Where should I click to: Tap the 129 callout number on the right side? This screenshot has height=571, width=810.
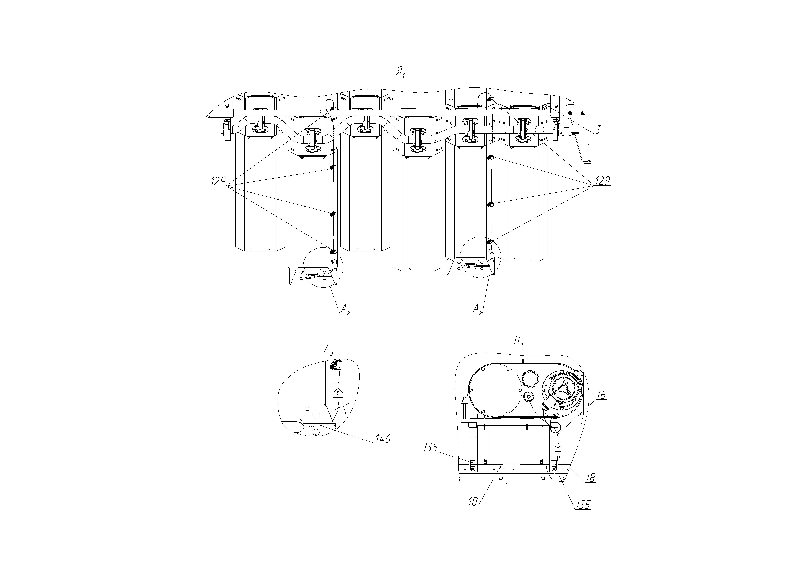603,181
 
